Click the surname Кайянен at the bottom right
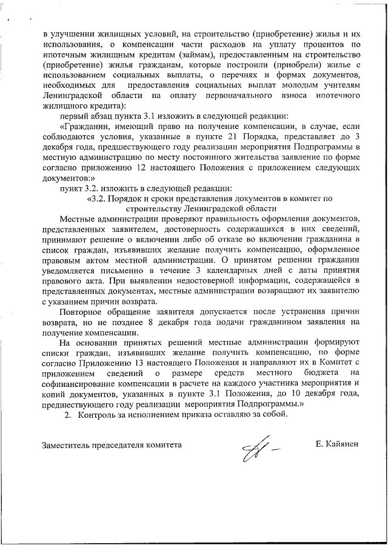pos(337,444)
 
